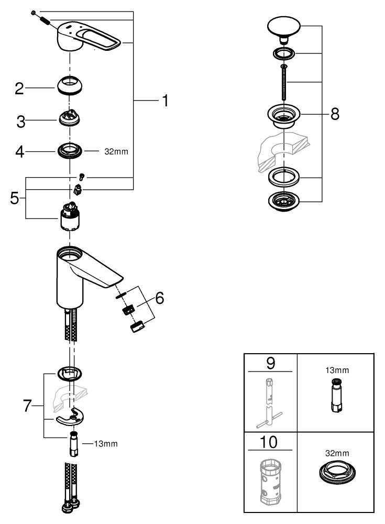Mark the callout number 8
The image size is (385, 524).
334,115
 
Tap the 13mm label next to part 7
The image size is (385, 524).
106,444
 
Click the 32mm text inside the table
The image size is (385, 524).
336,452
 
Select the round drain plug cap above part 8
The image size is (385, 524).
284,26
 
